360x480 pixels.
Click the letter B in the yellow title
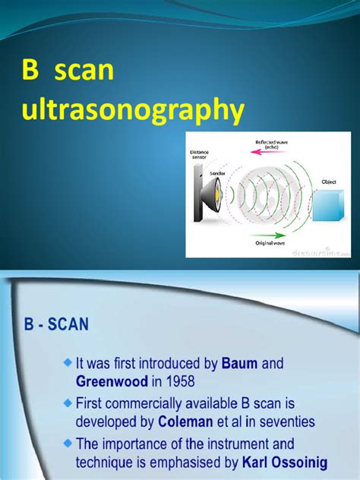click(30, 73)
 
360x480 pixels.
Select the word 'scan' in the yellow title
click(84, 73)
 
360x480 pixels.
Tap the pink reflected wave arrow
click(266, 152)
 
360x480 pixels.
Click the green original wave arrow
click(266, 234)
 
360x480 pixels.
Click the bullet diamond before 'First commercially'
click(68, 403)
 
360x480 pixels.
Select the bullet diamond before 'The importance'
click(68, 444)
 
